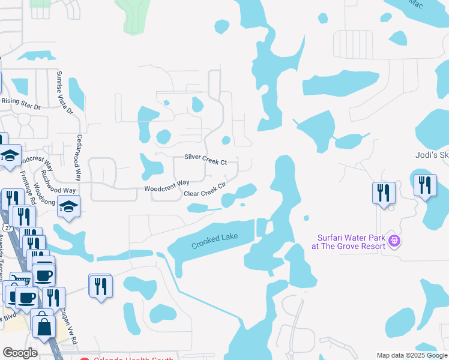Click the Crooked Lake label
click(215, 241)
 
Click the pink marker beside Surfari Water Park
click(394, 241)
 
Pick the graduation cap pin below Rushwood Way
click(70, 208)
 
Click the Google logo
click(20, 353)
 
